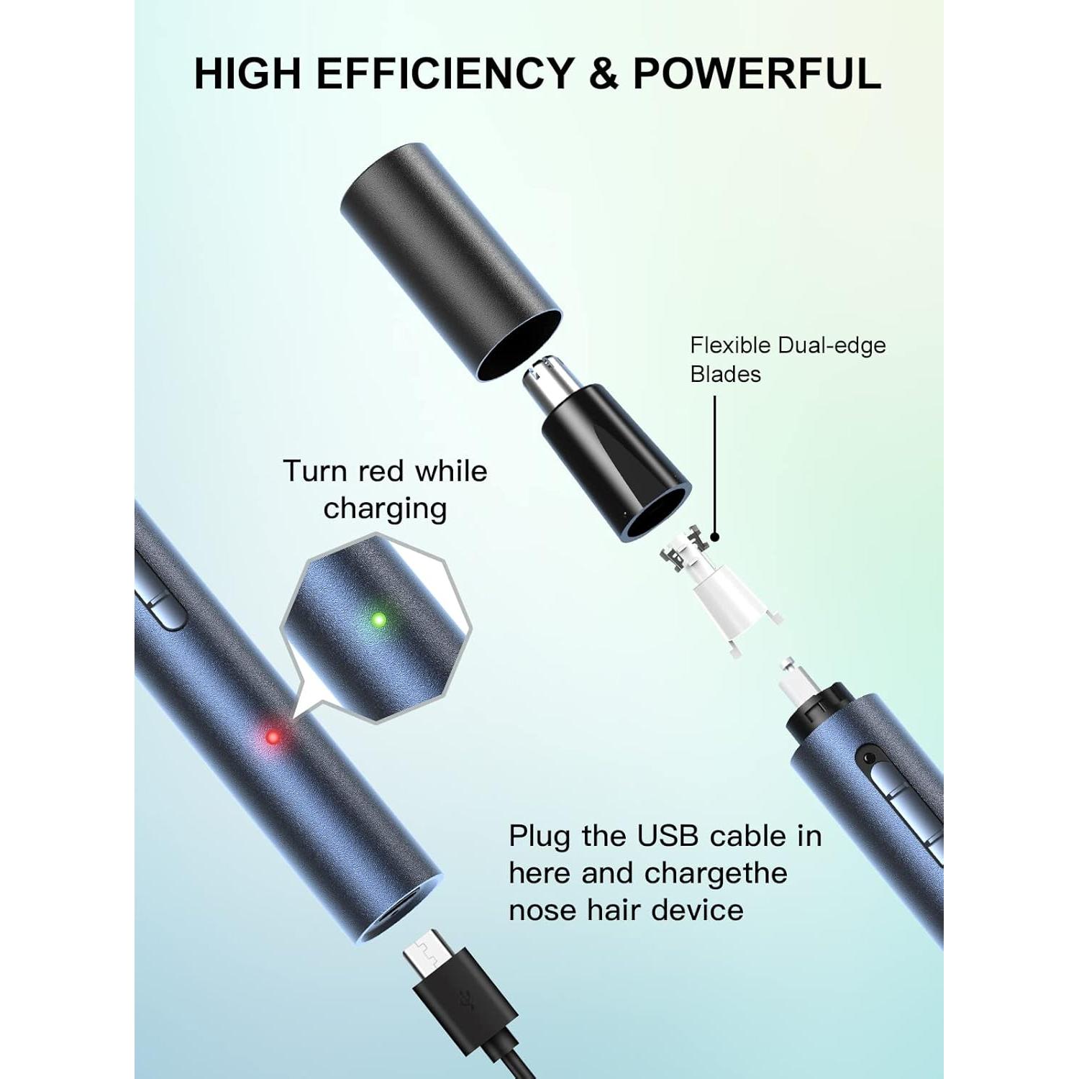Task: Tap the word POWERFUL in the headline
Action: tap(757, 73)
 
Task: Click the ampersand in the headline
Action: tap(606, 73)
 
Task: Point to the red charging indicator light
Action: tap(273, 737)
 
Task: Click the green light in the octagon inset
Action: tap(378, 619)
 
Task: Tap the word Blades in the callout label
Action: tap(725, 374)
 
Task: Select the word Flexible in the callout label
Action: tap(729, 345)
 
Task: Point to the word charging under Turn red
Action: tap(385, 509)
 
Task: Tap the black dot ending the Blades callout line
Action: tap(714, 537)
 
